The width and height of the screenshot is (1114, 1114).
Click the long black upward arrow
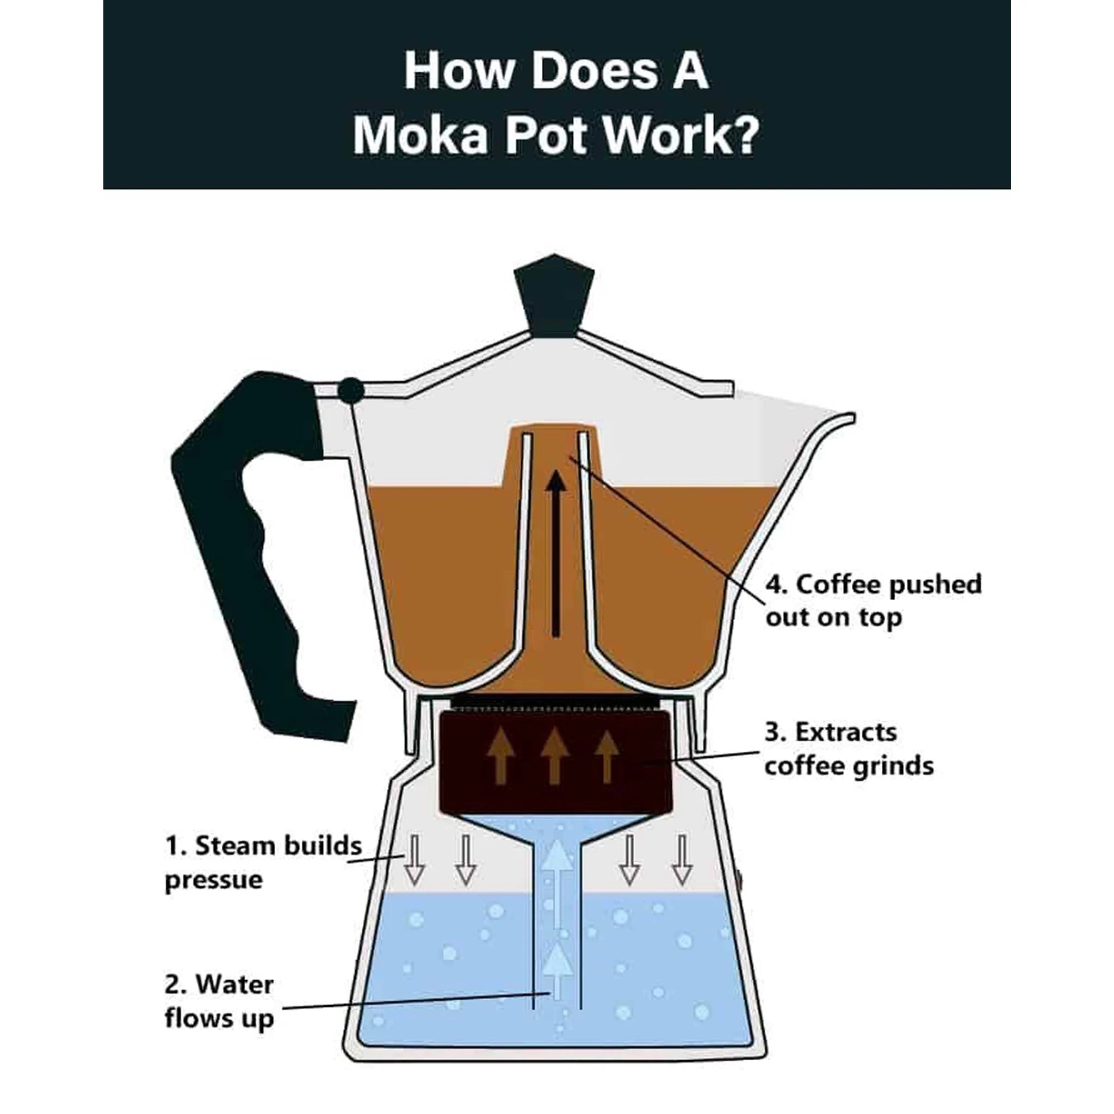[555, 554]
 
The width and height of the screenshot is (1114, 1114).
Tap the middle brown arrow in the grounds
[555, 756]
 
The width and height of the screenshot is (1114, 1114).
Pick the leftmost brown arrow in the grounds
[500, 756]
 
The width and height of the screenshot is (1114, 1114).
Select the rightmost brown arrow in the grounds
[607, 756]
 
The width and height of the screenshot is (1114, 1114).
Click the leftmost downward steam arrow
[414, 861]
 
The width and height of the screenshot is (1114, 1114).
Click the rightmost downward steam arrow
[682, 861]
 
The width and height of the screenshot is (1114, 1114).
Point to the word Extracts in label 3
[846, 733]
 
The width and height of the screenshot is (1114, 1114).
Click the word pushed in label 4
[934, 585]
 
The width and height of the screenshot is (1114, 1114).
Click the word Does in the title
[594, 71]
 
